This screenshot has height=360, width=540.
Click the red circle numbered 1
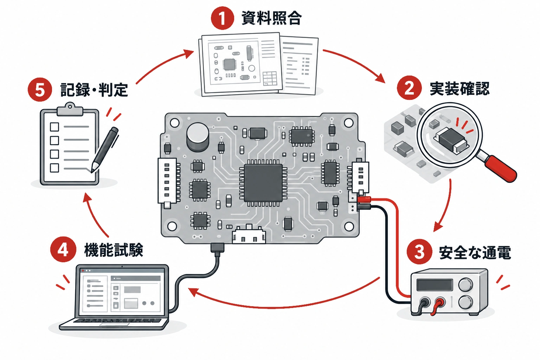pyautogui.click(x=222, y=18)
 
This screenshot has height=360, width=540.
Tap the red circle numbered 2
pyautogui.click(x=409, y=88)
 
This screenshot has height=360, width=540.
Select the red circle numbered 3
pyautogui.click(x=419, y=251)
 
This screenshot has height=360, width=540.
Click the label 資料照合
pyautogui.click(x=271, y=18)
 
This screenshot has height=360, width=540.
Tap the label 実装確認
pyautogui.click(x=459, y=89)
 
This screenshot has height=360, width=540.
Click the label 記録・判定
pyautogui.click(x=94, y=90)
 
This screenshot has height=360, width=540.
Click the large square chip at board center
pyautogui.click(x=263, y=183)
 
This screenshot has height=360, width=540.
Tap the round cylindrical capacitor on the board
pyautogui.click(x=198, y=137)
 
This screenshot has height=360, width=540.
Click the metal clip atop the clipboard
pyautogui.click(x=70, y=110)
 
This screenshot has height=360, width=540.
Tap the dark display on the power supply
pyautogui.click(x=435, y=285)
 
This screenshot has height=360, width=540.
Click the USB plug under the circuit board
pyautogui.click(x=218, y=247)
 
